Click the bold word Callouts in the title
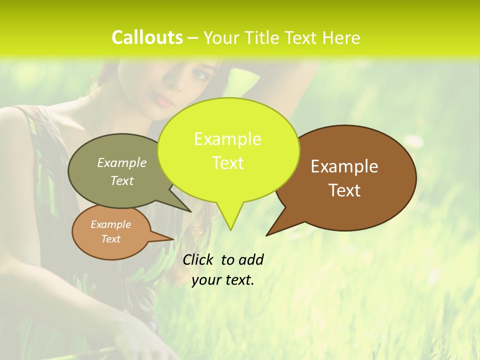(147, 37)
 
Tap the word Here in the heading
(341, 37)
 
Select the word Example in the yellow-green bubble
(227, 139)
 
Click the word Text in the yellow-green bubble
(227, 162)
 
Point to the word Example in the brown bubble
(344, 166)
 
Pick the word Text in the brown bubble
(344, 190)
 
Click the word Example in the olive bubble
(122, 162)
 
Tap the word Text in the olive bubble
(122, 180)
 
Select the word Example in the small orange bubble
(110, 224)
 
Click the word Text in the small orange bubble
(110, 239)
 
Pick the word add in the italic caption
(251, 259)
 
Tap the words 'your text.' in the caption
(222, 280)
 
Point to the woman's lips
(165, 100)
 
